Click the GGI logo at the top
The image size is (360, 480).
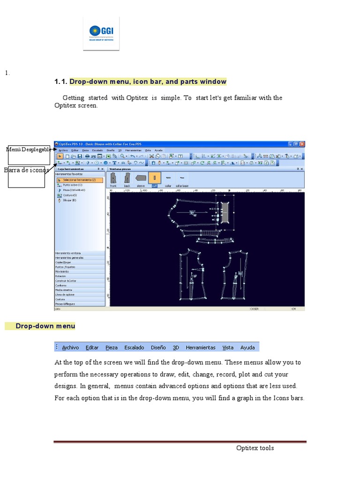click(x=101, y=33)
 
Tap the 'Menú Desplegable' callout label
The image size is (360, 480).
click(x=28, y=150)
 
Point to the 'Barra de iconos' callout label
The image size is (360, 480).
click(x=27, y=170)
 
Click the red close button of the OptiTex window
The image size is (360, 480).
click(x=302, y=144)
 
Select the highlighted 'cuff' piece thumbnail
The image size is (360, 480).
click(x=154, y=178)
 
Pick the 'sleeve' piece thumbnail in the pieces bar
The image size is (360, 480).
click(x=141, y=178)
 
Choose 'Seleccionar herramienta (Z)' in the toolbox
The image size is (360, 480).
click(x=79, y=180)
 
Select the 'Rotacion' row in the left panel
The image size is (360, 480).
click(x=61, y=276)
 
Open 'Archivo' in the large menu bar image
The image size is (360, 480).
click(x=70, y=347)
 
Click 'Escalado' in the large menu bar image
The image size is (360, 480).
click(x=134, y=347)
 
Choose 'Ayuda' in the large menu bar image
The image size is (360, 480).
click(x=247, y=347)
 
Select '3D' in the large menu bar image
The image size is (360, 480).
click(x=176, y=347)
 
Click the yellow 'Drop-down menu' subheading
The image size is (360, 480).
click(x=45, y=326)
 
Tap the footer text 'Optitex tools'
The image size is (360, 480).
click(x=255, y=448)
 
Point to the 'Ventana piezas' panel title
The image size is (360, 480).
click(x=120, y=168)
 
